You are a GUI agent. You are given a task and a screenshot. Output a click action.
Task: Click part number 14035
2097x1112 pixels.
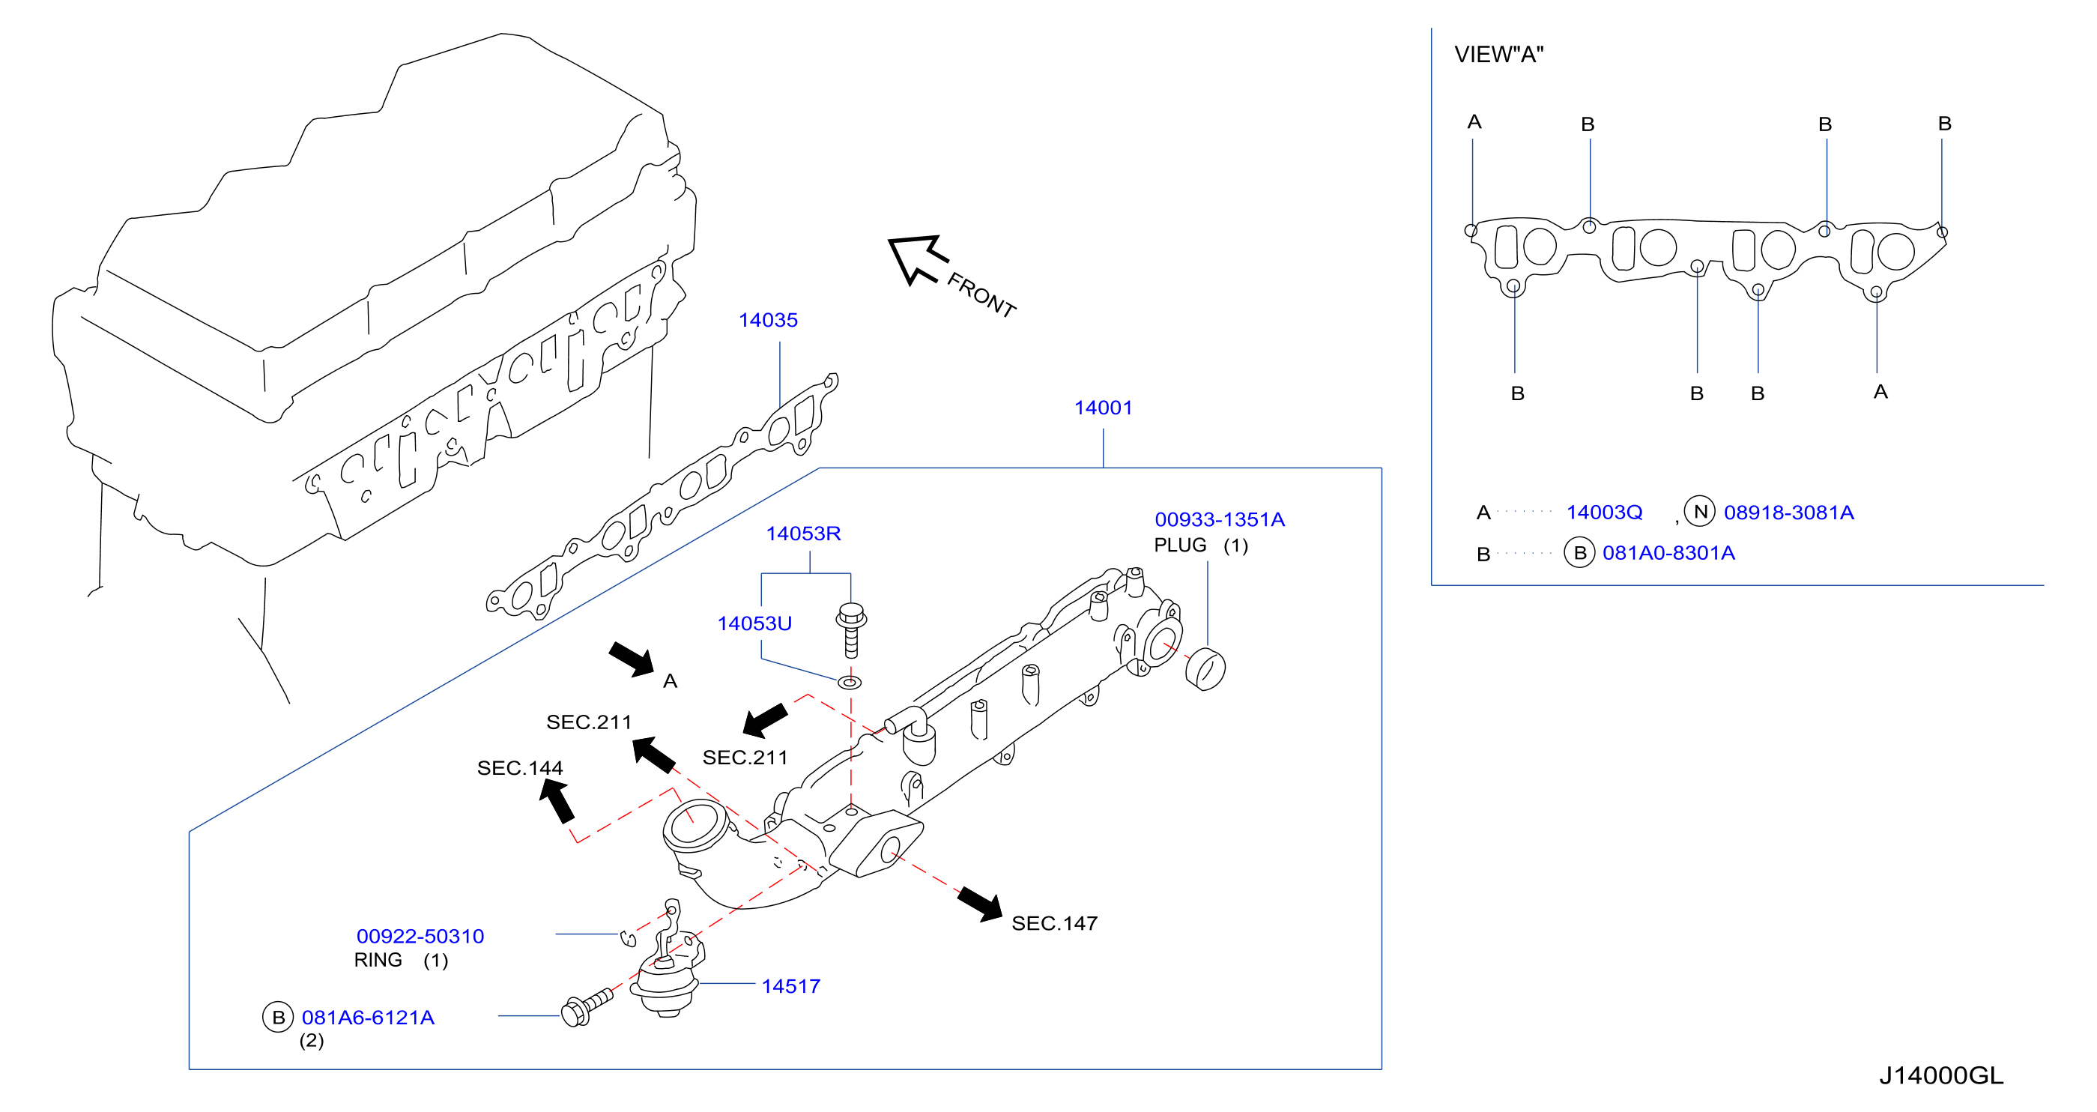tap(768, 320)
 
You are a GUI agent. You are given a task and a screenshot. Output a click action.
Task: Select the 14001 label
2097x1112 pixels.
tap(1103, 408)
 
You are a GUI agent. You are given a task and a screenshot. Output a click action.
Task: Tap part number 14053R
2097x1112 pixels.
tap(802, 534)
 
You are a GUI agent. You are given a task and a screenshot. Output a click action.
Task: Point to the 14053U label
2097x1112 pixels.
tap(754, 623)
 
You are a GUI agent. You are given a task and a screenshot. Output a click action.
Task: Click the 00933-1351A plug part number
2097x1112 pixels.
tap(1220, 519)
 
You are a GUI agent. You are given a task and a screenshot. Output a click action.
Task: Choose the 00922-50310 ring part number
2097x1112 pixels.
tap(420, 936)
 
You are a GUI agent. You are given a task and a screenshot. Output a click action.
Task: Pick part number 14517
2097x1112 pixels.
tap(790, 986)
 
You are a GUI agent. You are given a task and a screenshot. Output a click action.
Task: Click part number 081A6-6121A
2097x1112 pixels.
tap(368, 1018)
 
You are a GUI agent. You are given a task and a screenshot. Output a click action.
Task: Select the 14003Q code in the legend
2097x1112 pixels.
tap(1604, 512)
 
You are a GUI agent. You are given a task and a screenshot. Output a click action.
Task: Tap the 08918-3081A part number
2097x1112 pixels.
tap(1788, 512)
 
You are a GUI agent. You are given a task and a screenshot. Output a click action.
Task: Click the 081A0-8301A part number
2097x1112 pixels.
tap(1668, 553)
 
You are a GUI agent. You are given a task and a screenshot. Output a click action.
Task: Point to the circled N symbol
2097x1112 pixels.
tap(1700, 511)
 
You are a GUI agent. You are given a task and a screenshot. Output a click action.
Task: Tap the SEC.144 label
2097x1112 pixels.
tap(519, 767)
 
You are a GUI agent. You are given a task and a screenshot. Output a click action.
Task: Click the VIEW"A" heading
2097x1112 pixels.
tap(1498, 55)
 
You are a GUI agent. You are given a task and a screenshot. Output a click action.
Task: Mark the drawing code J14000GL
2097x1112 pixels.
tap(1940, 1075)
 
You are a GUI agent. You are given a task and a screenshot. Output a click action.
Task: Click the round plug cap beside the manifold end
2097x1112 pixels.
tap(1205, 669)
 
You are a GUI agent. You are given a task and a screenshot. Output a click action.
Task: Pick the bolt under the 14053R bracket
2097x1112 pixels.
tap(850, 629)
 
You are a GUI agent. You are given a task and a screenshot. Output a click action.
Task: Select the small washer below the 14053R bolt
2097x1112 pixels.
tap(849, 682)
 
